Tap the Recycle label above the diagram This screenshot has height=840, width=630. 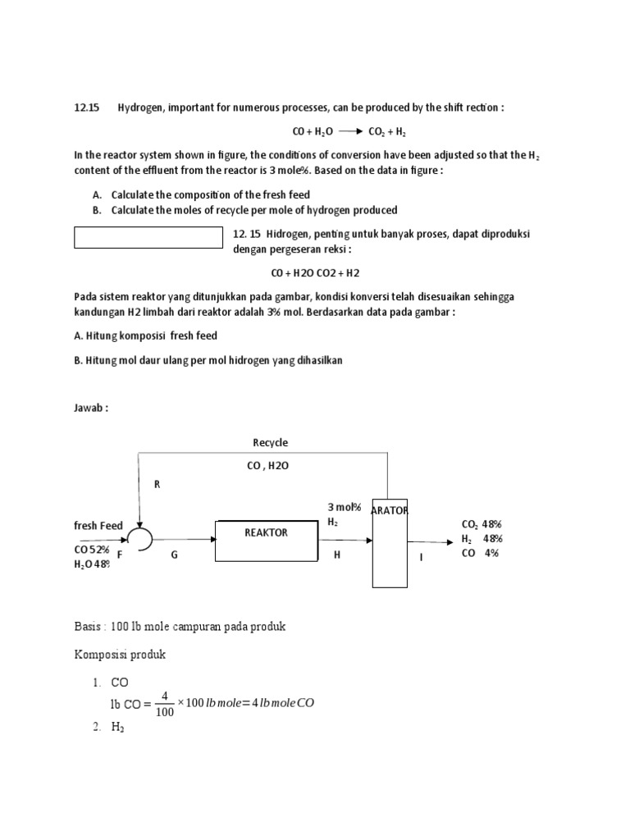coord(270,443)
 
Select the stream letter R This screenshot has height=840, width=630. coord(157,485)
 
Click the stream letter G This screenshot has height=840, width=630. coord(174,555)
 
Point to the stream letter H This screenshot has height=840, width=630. coord(336,555)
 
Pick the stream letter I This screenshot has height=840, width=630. coord(422,557)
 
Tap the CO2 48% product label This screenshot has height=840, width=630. coord(482,525)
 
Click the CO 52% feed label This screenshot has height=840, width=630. coord(92,550)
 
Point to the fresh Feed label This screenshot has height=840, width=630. coord(98,526)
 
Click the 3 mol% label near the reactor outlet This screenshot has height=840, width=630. coord(345,508)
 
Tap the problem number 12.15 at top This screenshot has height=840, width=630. coord(86,107)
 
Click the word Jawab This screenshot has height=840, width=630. coord(90,409)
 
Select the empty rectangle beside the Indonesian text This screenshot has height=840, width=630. coord(148,237)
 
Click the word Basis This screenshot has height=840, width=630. coord(89,627)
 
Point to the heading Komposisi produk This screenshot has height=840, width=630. coord(120,655)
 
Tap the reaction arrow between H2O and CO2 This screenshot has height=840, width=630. coord(349,131)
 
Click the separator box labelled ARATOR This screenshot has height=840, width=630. coord(389,541)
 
